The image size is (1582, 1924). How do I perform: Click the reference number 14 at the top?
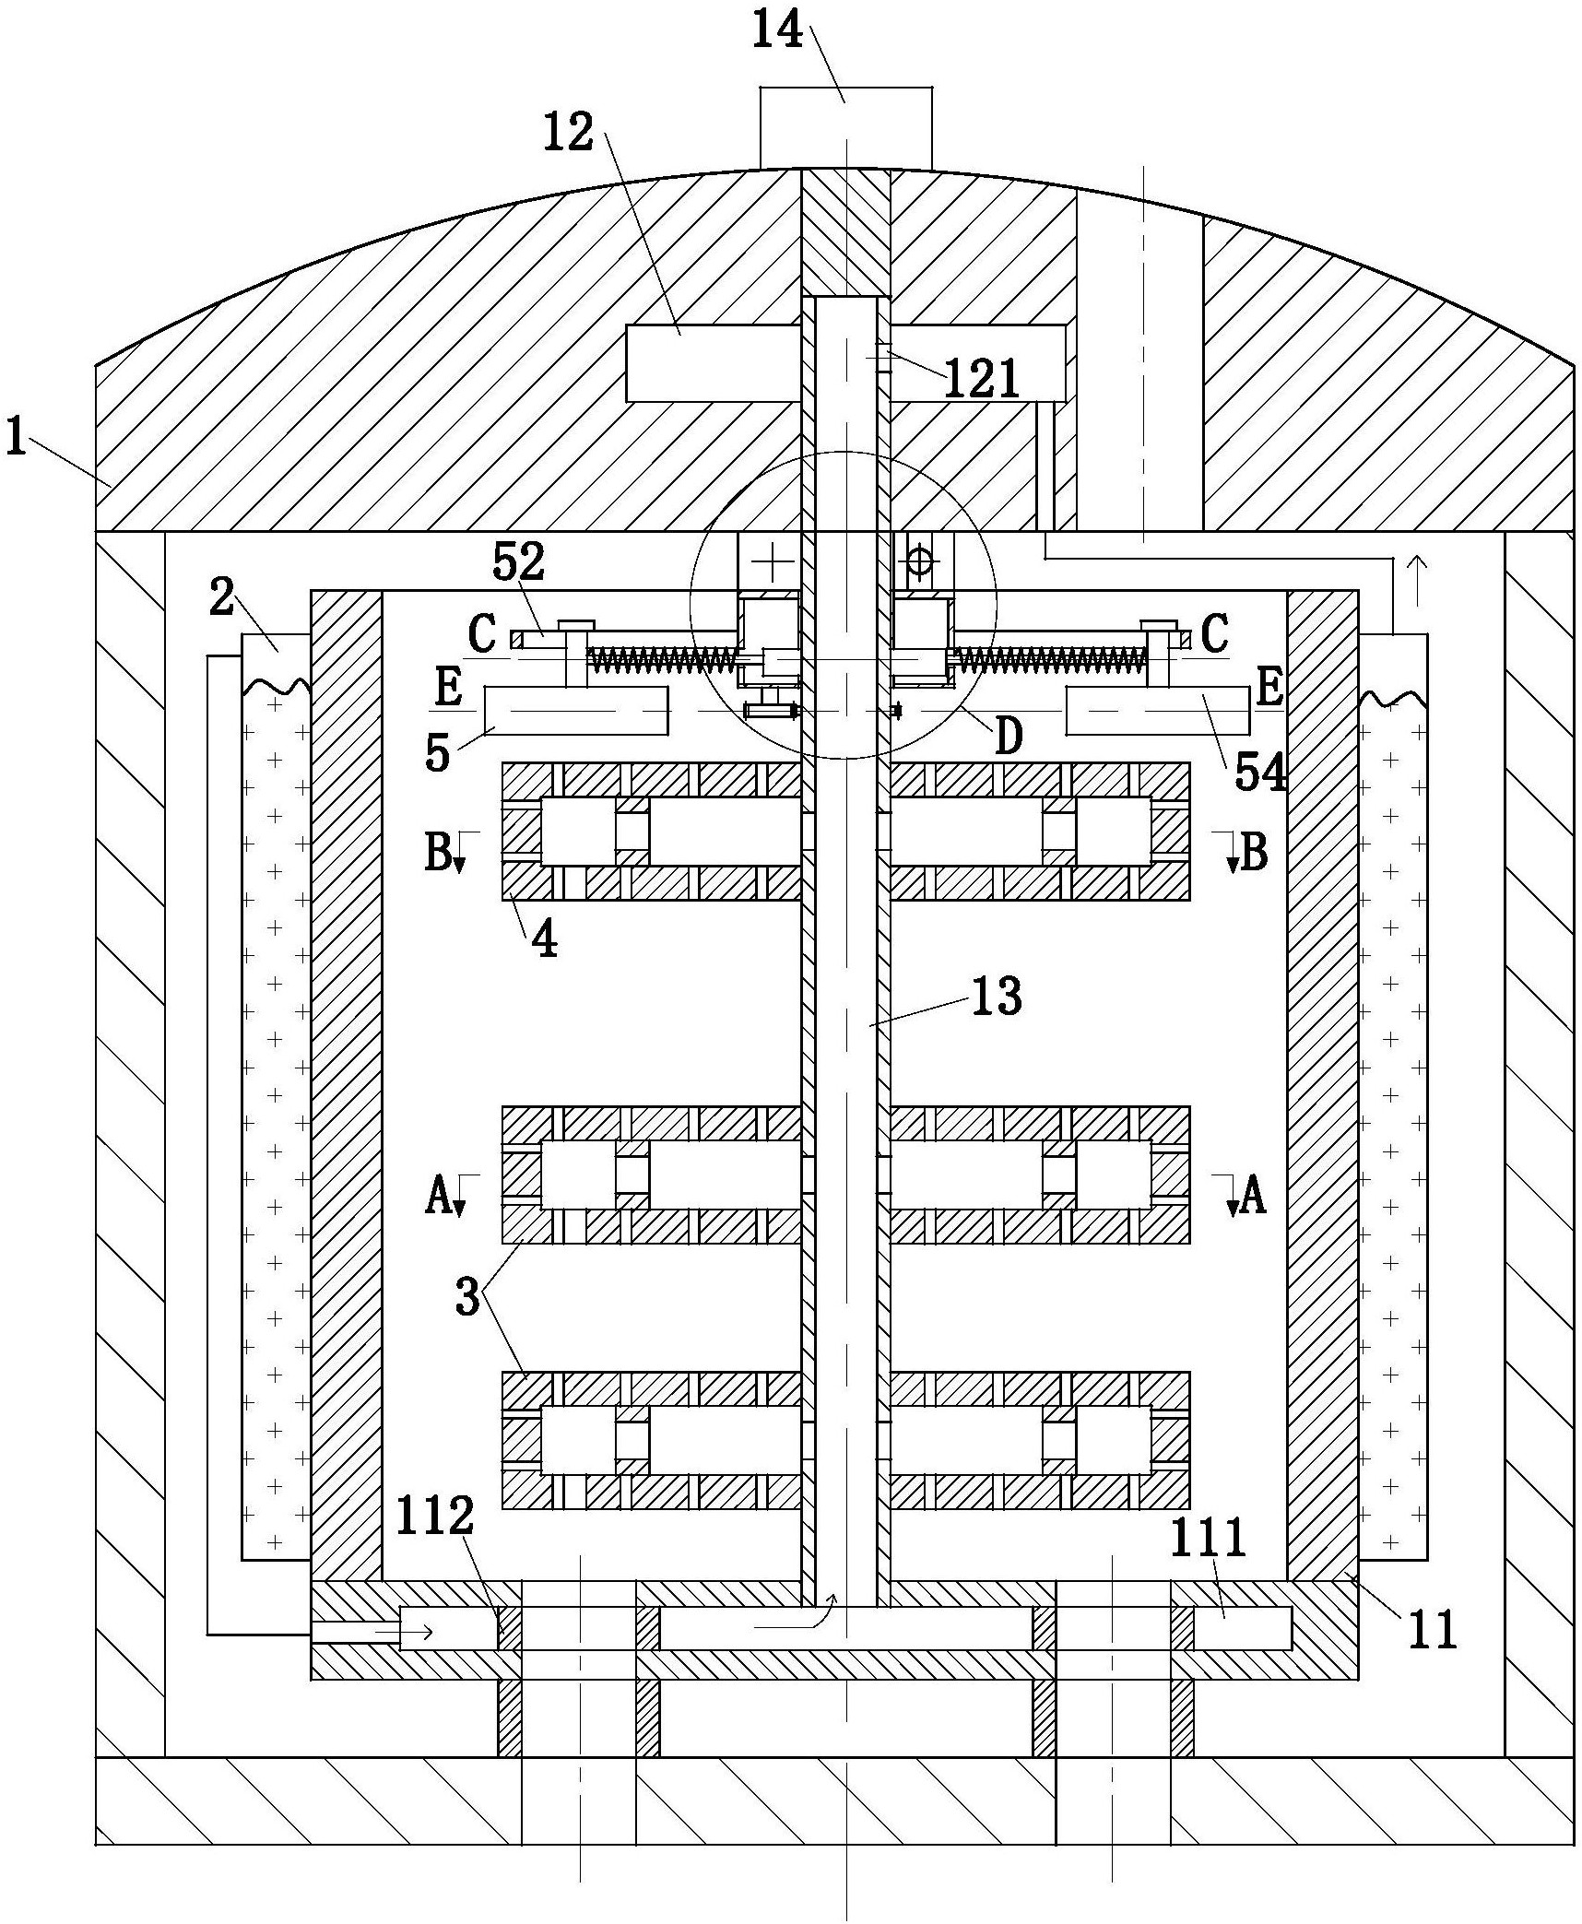pyautogui.click(x=777, y=30)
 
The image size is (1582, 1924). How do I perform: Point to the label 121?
pyautogui.click(x=983, y=379)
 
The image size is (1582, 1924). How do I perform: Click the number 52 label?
pyautogui.click(x=519, y=561)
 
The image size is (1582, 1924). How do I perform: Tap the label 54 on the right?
pyautogui.click(x=1260, y=773)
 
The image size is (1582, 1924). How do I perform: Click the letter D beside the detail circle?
pyautogui.click(x=1010, y=738)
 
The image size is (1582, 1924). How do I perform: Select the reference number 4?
pyautogui.click(x=546, y=939)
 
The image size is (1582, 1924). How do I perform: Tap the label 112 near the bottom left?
pyautogui.click(x=435, y=1517)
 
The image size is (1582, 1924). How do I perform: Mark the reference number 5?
pyautogui.click(x=437, y=752)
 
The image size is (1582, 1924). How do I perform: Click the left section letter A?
pyautogui.click(x=439, y=1198)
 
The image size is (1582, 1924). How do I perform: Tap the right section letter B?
pyautogui.click(x=1255, y=853)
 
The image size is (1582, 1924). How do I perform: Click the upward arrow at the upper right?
pyautogui.click(x=1418, y=570)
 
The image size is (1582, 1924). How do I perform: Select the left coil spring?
pyautogui.click(x=663, y=658)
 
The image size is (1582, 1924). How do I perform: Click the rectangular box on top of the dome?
pyautogui.click(x=845, y=129)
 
